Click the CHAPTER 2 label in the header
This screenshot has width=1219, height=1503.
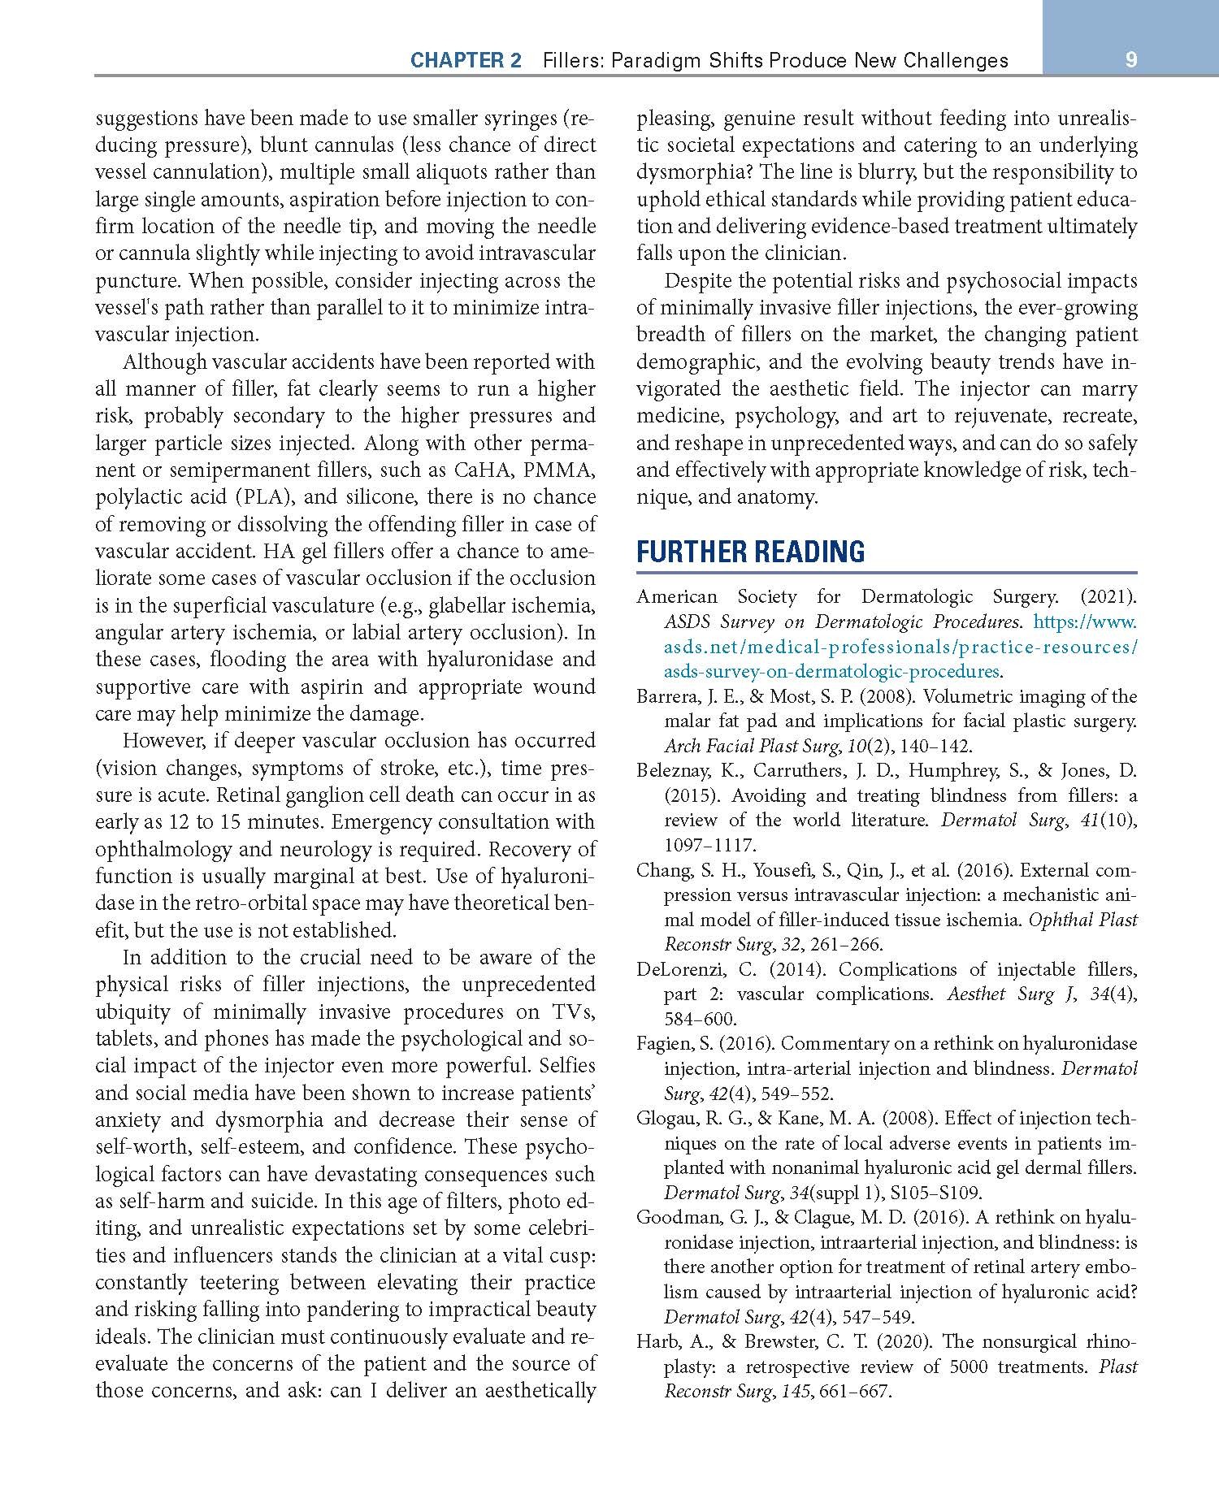coord(466,60)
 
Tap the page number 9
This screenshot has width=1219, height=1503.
coord(1130,59)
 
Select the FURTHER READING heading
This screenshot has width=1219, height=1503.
coord(750,552)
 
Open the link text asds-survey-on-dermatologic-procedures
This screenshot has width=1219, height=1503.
coord(831,672)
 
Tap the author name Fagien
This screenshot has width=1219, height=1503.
coord(662,1044)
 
